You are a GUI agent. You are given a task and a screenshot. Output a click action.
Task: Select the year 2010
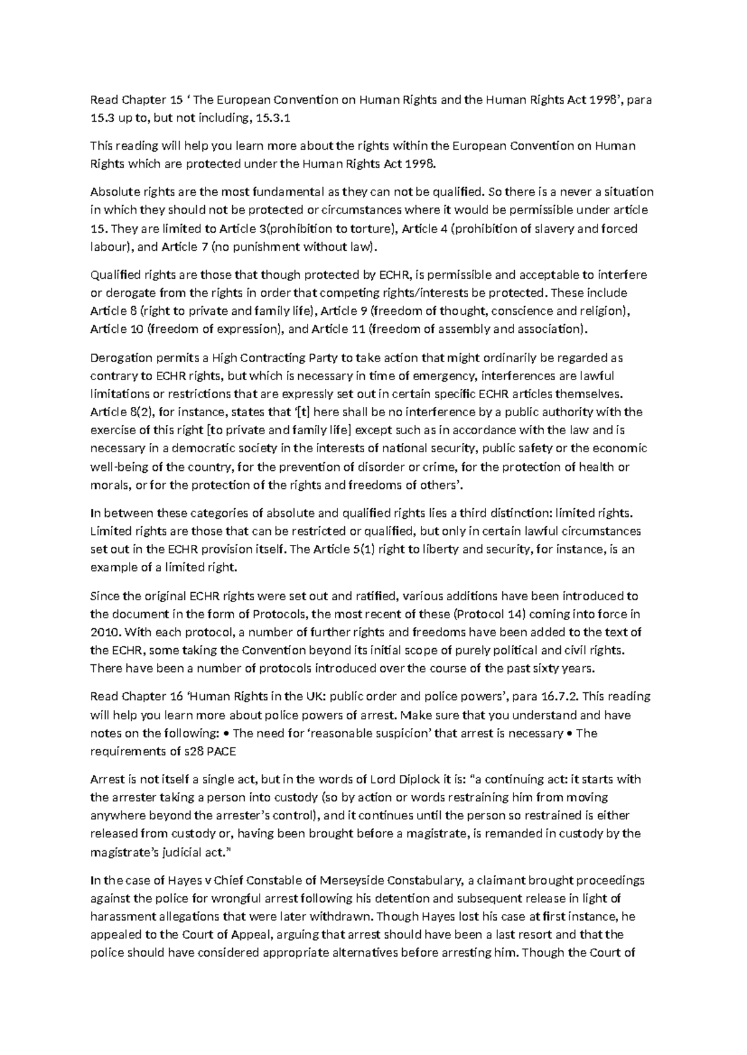point(104,632)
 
